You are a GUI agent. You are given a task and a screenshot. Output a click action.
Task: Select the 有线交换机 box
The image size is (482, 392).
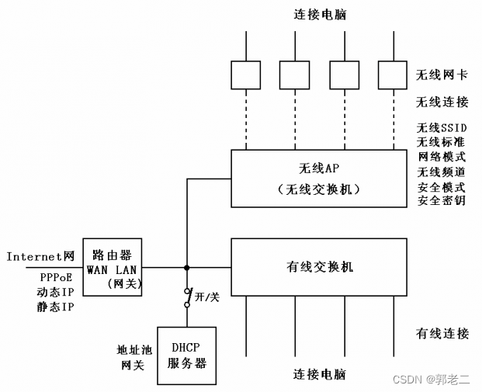[318, 267]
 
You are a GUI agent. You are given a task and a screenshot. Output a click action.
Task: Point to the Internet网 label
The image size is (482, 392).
[40, 255]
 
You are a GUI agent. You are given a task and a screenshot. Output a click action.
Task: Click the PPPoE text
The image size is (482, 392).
[56, 276]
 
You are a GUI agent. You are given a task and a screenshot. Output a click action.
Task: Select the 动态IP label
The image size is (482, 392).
[56, 292]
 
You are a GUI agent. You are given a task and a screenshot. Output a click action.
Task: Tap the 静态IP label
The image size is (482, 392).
[56, 307]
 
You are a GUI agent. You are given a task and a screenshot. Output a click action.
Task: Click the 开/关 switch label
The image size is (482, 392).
[206, 296]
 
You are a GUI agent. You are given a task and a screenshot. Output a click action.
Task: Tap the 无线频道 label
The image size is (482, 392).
[442, 172]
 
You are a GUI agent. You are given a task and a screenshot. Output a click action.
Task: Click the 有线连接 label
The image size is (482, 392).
[442, 334]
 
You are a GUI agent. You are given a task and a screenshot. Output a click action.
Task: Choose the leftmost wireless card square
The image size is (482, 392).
[246, 75]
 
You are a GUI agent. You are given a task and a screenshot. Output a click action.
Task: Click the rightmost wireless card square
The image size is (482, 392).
[393, 75]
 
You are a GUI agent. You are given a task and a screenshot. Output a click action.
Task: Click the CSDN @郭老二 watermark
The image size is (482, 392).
[431, 380]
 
